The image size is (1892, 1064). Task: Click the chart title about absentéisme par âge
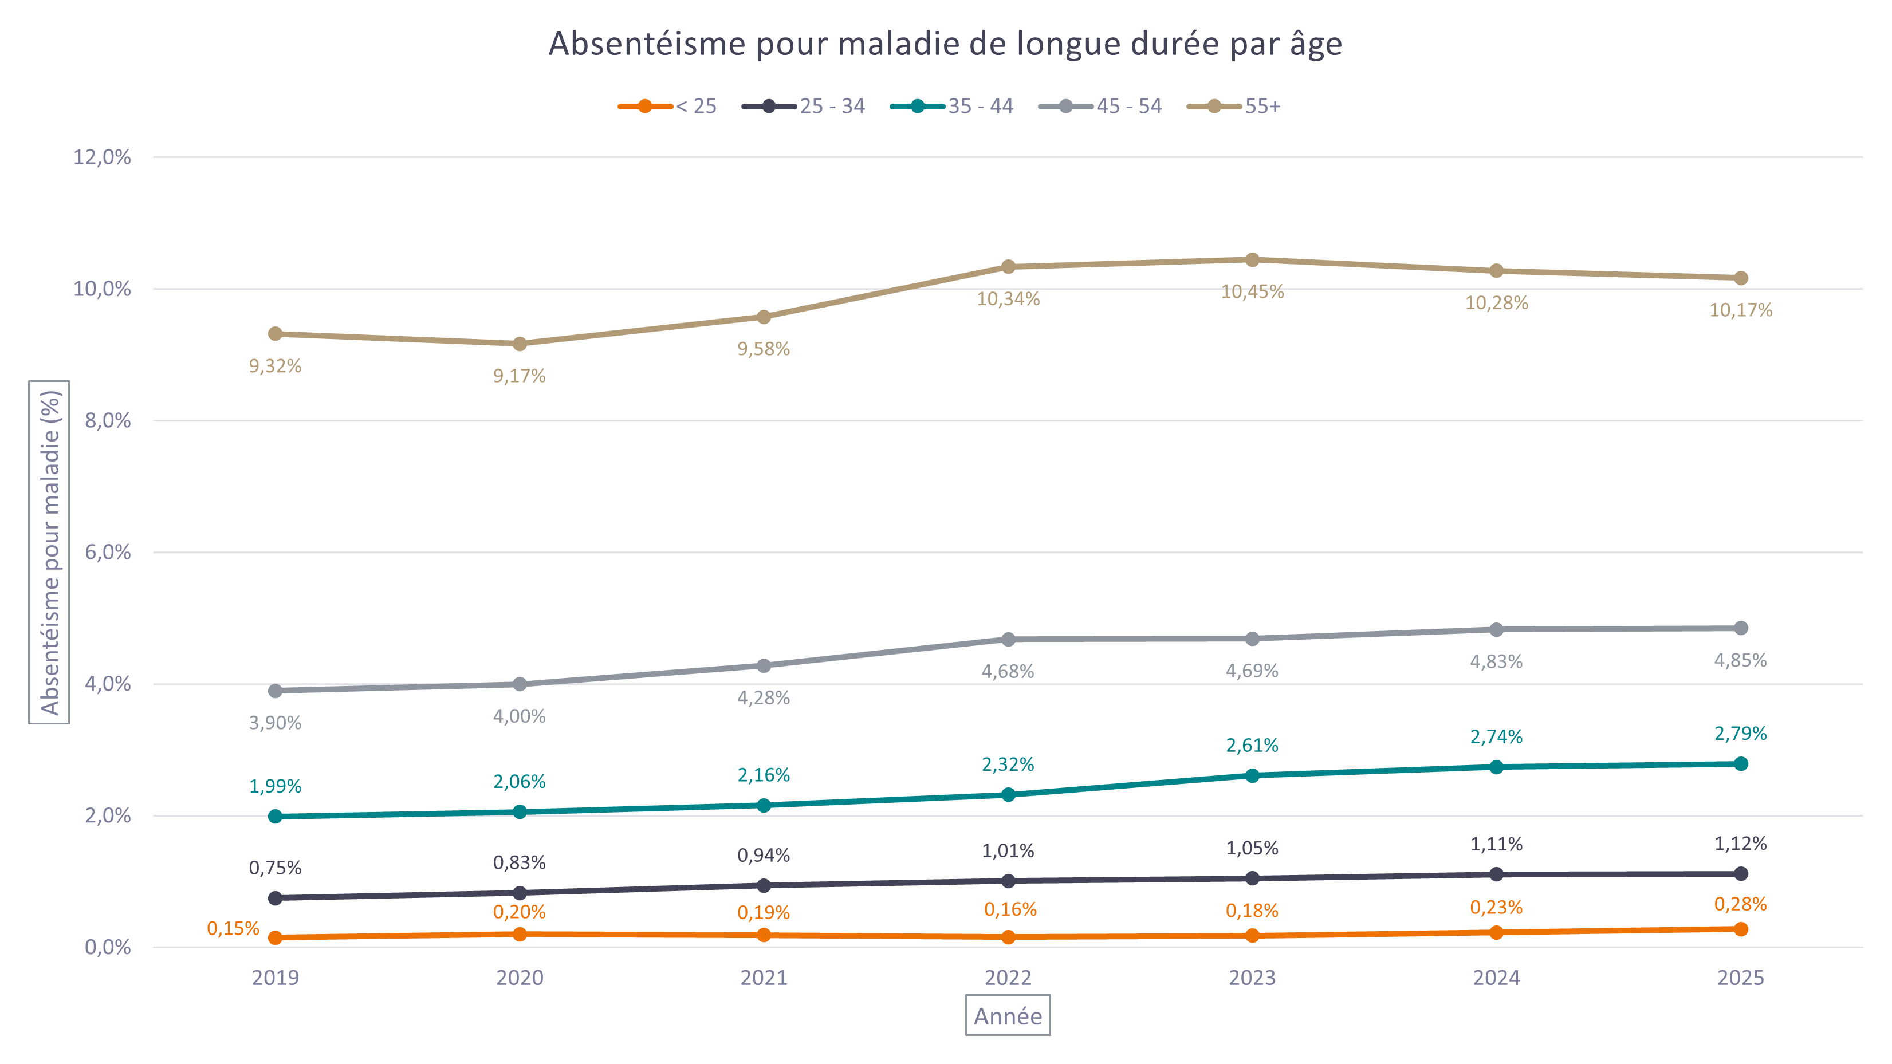pos(945,44)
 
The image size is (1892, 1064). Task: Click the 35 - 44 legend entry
pos(952,107)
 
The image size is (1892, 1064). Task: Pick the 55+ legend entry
pos(1234,107)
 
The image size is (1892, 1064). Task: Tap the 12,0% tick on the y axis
pos(102,157)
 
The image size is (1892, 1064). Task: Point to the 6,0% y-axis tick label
pos(108,552)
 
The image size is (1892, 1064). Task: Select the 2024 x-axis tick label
pos(1496,978)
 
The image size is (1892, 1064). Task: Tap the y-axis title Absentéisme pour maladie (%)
pos(49,552)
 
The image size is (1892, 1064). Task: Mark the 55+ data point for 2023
pos(1252,260)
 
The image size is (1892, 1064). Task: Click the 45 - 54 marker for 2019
pos(276,690)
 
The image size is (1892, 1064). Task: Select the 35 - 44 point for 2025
pos(1740,764)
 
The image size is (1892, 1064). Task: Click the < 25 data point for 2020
pos(520,934)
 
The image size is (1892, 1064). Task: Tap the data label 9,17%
pos(520,376)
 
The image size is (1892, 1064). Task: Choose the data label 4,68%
pos(1008,671)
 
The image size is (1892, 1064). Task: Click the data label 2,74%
pos(1496,736)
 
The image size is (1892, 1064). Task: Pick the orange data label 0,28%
pos(1740,904)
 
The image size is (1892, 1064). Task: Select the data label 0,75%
pos(276,868)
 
